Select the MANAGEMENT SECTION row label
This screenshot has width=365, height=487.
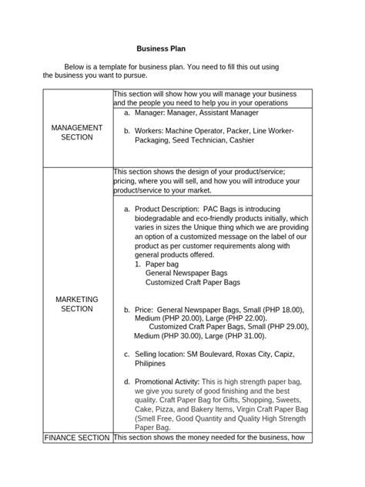tap(77, 132)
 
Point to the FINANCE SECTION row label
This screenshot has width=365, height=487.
tap(77, 438)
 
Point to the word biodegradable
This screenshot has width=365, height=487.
tap(158, 218)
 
